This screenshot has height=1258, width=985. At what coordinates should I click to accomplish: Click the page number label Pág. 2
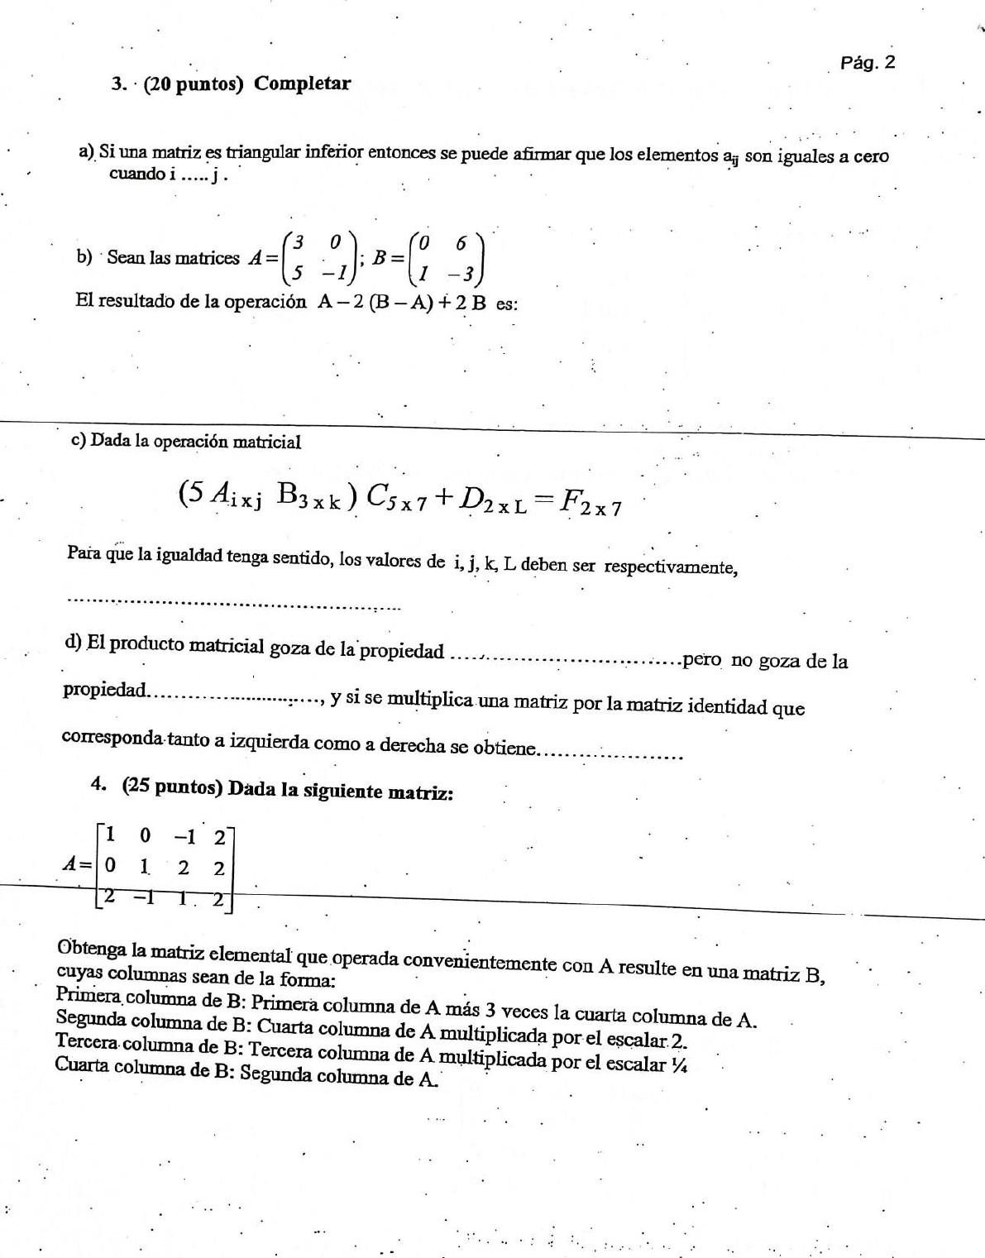pos(867,63)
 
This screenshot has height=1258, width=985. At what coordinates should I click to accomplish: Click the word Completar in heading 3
pos(302,84)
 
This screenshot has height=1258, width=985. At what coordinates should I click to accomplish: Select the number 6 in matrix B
pos(461,242)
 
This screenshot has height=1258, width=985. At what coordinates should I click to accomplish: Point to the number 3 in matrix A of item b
pos(299,242)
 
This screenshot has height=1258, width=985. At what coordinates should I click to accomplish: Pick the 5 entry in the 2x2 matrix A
pos(298,271)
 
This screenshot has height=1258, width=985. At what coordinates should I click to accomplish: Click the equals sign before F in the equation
pos(542,498)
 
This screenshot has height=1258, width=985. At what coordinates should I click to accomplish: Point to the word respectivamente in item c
pos(670,567)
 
